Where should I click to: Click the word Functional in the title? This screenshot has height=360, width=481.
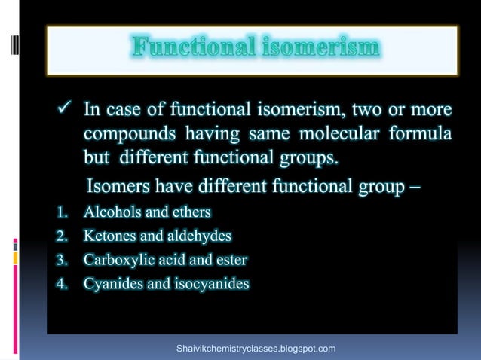click(x=194, y=49)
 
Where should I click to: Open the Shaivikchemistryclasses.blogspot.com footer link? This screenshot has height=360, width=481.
click(x=256, y=349)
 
